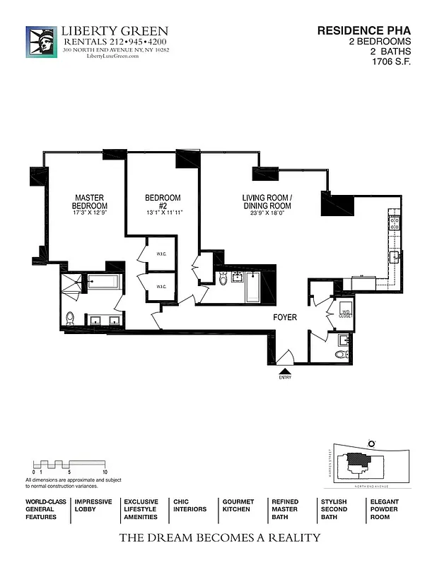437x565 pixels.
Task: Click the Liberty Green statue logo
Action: pyautogui.click(x=42, y=42)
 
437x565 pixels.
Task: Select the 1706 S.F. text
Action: pyautogui.click(x=390, y=61)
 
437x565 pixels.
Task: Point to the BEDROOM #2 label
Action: pyautogui.click(x=163, y=201)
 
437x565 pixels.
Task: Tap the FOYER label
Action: pyautogui.click(x=285, y=318)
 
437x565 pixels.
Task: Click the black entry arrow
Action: pyautogui.click(x=285, y=370)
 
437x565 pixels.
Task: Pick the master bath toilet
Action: pyautogui.click(x=69, y=319)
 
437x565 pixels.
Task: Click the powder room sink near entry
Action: pyautogui.click(x=342, y=352)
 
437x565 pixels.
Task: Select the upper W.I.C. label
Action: pyautogui.click(x=161, y=256)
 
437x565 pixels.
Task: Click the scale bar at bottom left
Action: pyautogui.click(x=69, y=465)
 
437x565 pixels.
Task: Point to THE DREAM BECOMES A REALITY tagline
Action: pyautogui.click(x=219, y=538)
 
